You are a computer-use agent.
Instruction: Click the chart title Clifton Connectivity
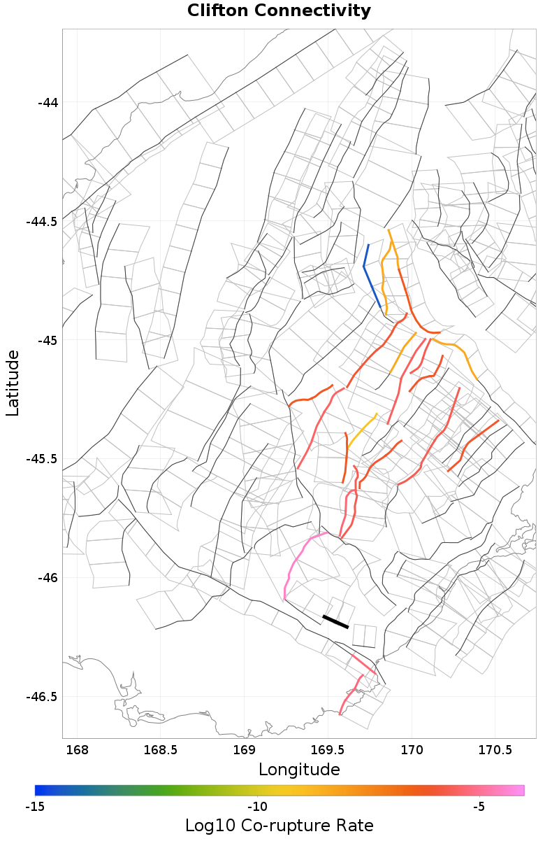pyautogui.click(x=279, y=11)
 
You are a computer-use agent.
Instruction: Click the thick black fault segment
pyautogui.click(x=335, y=622)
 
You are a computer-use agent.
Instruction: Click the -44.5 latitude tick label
pyautogui.click(x=41, y=222)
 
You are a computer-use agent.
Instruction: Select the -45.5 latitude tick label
pyautogui.click(x=41, y=459)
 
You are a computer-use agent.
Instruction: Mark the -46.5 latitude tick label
pyautogui.click(x=41, y=697)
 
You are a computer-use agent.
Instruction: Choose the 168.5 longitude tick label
pyautogui.click(x=160, y=751)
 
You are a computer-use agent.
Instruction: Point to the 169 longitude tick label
pyautogui.click(x=244, y=751)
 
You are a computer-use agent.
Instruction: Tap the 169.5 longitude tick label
pyautogui.click(x=328, y=751)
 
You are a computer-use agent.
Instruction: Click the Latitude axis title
pyautogui.click(x=13, y=383)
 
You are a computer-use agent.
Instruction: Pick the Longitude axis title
pyautogui.click(x=299, y=770)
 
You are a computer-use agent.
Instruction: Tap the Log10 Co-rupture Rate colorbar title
pyautogui.click(x=279, y=825)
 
